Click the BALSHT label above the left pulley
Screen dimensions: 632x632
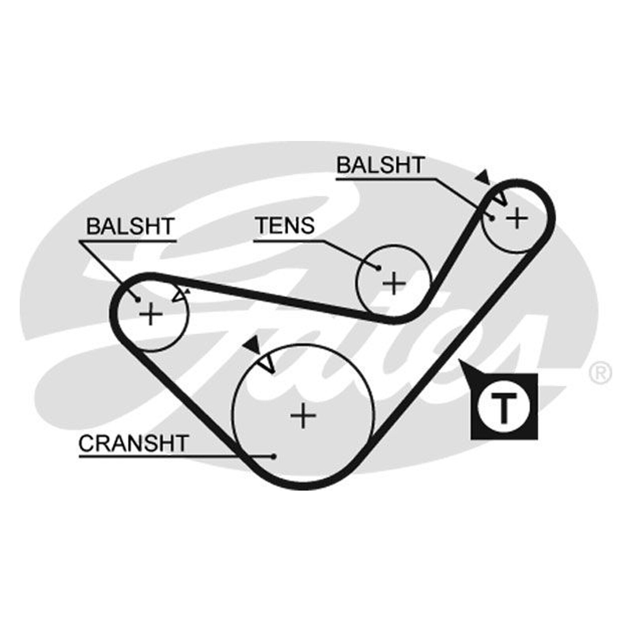coord(130,226)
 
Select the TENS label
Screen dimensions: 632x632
coord(285,225)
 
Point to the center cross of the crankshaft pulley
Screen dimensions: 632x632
coord(303,415)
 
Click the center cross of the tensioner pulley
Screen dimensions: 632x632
coord(393,283)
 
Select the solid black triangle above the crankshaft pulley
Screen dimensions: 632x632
coord(252,345)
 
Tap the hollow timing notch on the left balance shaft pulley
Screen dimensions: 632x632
coord(180,295)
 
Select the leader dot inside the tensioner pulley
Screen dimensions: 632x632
coord(378,268)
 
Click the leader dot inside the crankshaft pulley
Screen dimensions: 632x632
coord(273,457)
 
